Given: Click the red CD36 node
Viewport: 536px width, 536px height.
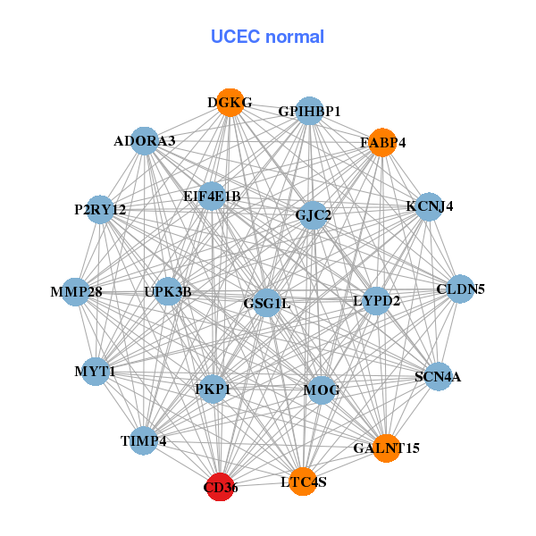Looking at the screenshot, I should click(x=220, y=487).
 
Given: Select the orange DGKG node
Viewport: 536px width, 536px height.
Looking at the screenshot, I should click(x=230, y=103).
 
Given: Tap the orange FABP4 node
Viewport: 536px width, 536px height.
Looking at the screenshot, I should click(x=382, y=142).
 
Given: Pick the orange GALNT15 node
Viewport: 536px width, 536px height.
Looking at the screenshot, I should click(x=386, y=447).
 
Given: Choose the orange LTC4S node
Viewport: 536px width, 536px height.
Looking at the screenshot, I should click(x=303, y=482).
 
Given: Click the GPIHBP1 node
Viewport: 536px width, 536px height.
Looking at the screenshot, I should click(x=309, y=111).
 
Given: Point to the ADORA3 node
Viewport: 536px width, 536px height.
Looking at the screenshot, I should click(x=145, y=141).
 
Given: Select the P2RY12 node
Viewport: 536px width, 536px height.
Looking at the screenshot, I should click(x=100, y=210).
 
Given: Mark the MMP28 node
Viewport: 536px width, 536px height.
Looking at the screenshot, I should click(x=76, y=292).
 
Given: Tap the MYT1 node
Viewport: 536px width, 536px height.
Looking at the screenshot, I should click(x=95, y=371).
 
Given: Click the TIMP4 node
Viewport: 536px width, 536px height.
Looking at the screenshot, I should click(x=143, y=440).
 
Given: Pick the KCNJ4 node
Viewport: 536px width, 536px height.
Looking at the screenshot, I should click(x=430, y=206).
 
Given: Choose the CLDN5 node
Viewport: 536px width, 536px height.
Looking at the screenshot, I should click(x=460, y=289).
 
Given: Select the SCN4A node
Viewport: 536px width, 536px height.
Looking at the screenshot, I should click(x=437, y=376).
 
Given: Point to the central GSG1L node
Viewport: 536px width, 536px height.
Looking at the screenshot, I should click(x=267, y=303).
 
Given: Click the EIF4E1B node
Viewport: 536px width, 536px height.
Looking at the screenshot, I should click(x=212, y=196).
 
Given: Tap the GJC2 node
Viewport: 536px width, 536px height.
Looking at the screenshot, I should click(x=313, y=214).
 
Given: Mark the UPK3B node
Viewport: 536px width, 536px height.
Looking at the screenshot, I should click(x=168, y=292).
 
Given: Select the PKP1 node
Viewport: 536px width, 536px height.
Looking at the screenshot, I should click(x=213, y=389).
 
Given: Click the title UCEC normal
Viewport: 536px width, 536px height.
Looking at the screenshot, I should click(x=267, y=37).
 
